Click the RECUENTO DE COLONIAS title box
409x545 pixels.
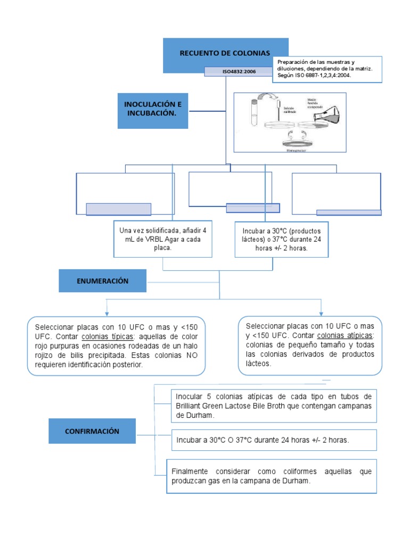click(x=225, y=53)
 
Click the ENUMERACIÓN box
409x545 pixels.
click(x=102, y=280)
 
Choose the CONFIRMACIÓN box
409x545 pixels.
click(x=92, y=431)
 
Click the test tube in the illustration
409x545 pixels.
click(x=255, y=112)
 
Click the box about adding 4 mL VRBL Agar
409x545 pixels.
click(x=163, y=239)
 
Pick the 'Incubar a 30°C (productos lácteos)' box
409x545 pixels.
click(x=281, y=239)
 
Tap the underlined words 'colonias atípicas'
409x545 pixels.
click(x=346, y=335)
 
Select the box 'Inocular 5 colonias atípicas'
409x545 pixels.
click(x=274, y=405)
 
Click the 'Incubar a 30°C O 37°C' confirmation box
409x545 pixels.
click(x=274, y=441)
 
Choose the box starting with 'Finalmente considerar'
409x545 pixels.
click(x=271, y=476)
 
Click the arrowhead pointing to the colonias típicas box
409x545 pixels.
click(x=108, y=312)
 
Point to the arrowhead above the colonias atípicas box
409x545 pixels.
click(x=321, y=312)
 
